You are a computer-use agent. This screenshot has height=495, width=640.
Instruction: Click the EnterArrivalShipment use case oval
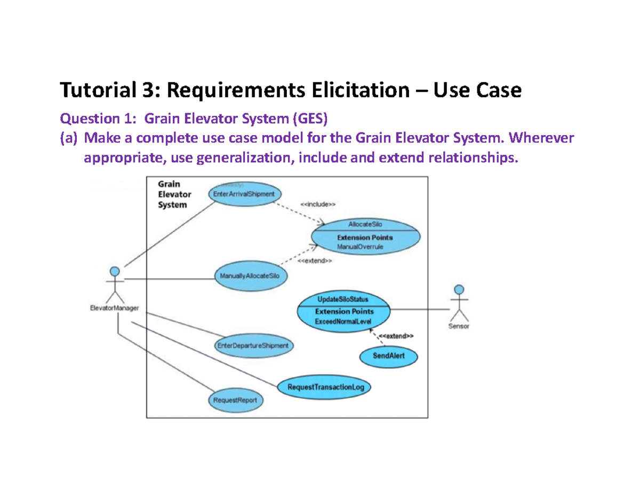pyautogui.click(x=244, y=194)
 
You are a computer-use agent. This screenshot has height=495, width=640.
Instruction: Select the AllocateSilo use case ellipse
pyautogui.click(x=365, y=236)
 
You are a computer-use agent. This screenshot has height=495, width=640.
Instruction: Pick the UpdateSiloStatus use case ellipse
pyautogui.click(x=343, y=310)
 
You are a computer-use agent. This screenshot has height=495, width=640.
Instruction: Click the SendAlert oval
pyautogui.click(x=381, y=356)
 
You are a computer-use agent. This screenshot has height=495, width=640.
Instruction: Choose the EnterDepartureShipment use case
pyautogui.click(x=253, y=345)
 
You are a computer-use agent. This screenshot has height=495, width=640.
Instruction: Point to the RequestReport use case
pyautogui.click(x=235, y=399)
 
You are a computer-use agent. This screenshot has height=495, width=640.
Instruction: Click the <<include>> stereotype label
pyautogui.click(x=318, y=204)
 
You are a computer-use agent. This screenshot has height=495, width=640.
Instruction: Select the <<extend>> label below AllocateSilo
pyautogui.click(x=315, y=261)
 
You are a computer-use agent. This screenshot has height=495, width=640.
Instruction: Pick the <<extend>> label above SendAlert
pyautogui.click(x=396, y=336)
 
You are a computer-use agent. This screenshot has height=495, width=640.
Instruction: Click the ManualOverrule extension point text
pyautogui.click(x=360, y=247)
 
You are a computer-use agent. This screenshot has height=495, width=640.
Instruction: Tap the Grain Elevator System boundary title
pyautogui.click(x=174, y=194)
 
